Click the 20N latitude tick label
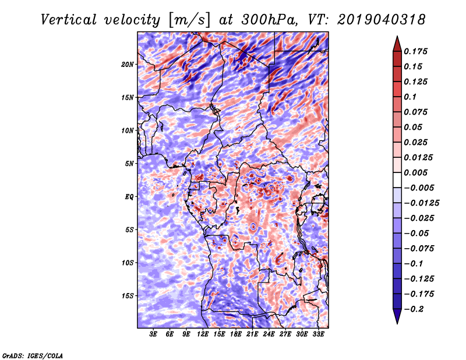point(128,64)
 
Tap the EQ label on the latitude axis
point(129,197)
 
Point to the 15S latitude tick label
point(128,296)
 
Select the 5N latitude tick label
point(129,164)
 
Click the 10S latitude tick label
point(128,263)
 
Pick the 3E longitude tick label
point(154,335)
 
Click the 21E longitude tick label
point(253,335)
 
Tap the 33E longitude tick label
point(319,335)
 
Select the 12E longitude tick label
point(203,335)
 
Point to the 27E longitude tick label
point(286,335)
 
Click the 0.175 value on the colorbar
point(417,52)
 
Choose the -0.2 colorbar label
point(414,309)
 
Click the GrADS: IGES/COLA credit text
point(33,355)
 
